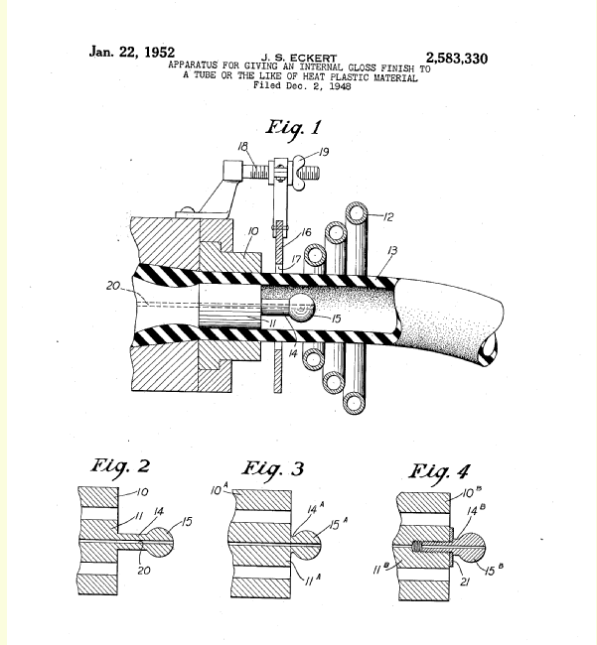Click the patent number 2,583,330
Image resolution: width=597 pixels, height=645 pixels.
click(x=457, y=59)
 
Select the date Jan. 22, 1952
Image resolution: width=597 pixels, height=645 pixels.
click(x=132, y=52)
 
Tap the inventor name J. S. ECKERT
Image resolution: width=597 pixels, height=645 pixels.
click(x=299, y=58)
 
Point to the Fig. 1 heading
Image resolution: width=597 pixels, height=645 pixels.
click(x=293, y=128)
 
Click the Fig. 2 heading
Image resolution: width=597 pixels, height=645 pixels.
click(x=120, y=467)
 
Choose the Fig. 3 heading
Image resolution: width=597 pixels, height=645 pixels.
click(x=272, y=469)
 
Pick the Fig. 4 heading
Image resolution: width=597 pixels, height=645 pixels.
click(x=439, y=472)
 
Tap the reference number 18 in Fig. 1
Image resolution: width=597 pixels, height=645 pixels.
click(x=243, y=147)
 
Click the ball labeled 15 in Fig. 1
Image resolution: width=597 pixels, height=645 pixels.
click(x=302, y=307)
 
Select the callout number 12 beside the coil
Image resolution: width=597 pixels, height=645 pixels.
click(x=388, y=216)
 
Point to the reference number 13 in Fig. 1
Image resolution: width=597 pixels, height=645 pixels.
click(x=392, y=250)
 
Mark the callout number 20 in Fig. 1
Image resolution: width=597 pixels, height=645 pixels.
click(x=113, y=286)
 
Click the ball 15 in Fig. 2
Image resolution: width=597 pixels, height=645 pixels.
click(x=160, y=541)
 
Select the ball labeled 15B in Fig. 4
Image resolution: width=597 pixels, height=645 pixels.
click(x=472, y=548)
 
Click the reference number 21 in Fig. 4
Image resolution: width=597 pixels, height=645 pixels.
click(x=465, y=581)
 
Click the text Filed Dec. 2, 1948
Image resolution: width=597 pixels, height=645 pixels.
click(x=302, y=85)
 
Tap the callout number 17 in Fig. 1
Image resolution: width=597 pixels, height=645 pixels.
click(x=296, y=259)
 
